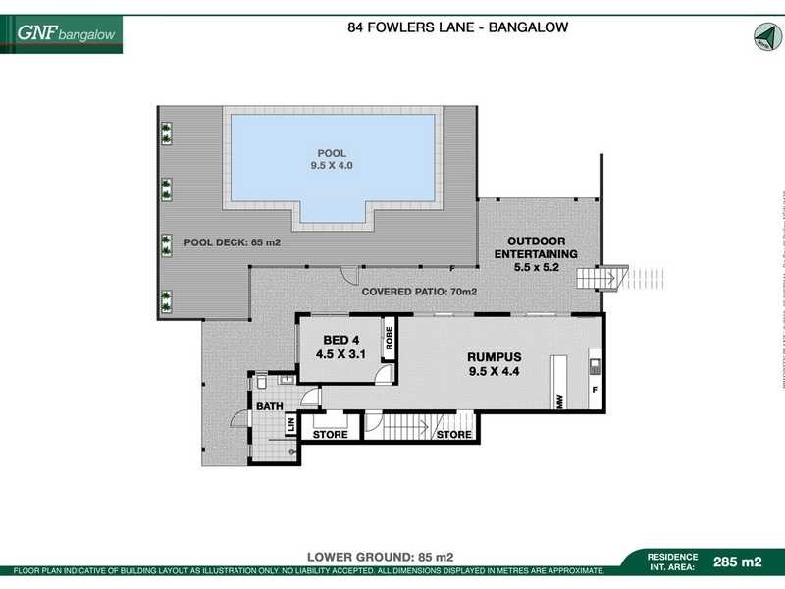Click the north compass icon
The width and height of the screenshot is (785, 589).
pos(761,36)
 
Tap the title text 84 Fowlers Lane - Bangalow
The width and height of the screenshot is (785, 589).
pos(457,27)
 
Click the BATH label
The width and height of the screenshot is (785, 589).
pos(270,405)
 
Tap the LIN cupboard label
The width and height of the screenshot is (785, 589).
pos(290,424)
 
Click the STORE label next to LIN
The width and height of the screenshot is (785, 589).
pos(330,434)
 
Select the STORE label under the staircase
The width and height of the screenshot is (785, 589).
pos(453,434)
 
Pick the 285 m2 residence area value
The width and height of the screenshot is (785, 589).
pos(738,562)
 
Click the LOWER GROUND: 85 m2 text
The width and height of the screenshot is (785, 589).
pos(380,555)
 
